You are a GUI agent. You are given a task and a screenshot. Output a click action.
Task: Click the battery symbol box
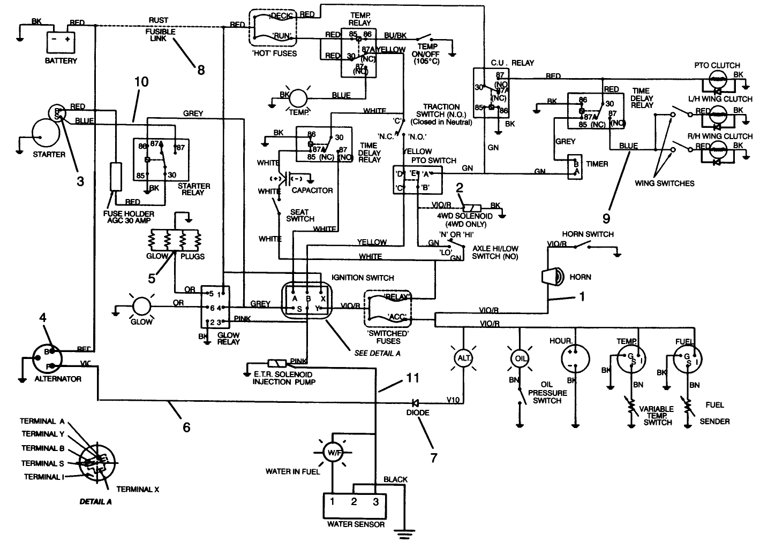click(x=61, y=41)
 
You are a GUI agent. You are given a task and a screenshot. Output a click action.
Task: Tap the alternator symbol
click(x=46, y=359)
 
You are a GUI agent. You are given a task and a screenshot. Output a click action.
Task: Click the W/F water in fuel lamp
click(x=332, y=453)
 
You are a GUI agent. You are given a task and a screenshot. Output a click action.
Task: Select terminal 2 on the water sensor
click(x=354, y=502)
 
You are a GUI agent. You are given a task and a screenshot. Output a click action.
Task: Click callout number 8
click(x=201, y=70)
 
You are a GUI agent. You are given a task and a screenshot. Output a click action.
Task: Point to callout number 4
click(x=42, y=317)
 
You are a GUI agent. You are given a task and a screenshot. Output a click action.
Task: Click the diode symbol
click(x=415, y=402)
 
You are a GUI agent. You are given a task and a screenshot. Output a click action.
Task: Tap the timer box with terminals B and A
click(x=575, y=168)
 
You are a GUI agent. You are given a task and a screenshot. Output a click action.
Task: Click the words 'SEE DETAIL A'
click(x=377, y=353)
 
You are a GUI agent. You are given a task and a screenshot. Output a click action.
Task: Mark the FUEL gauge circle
click(x=688, y=357)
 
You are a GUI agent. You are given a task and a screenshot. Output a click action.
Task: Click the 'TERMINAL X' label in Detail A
click(x=138, y=489)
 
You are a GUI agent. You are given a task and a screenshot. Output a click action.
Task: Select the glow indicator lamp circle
click(x=142, y=307)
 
